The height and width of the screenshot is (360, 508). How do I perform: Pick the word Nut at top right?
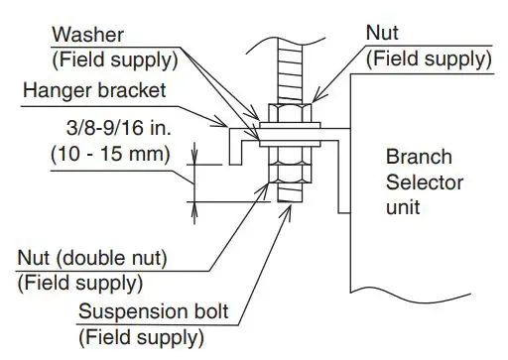(x=383, y=33)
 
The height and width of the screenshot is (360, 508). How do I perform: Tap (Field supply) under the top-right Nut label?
(x=429, y=59)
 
